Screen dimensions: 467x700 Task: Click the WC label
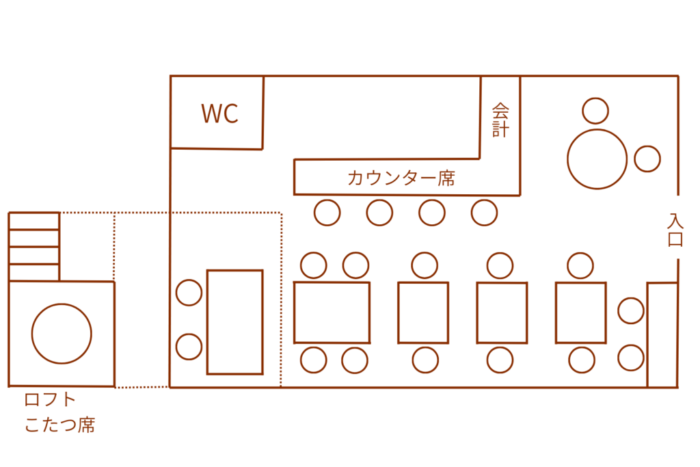point(219,114)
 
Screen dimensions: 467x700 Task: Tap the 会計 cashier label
point(501,120)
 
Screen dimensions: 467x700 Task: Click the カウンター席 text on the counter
point(401,178)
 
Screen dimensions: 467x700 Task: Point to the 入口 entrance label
point(675,230)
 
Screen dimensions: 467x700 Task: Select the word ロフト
point(50,400)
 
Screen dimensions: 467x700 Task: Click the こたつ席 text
point(59,425)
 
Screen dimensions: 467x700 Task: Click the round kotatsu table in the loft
point(62,334)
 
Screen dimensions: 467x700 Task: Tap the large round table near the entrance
point(597,159)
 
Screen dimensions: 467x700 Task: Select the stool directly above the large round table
point(595,111)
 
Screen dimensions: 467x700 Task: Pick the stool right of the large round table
point(647,159)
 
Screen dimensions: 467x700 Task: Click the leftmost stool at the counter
point(327,213)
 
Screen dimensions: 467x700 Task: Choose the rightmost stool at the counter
point(484,213)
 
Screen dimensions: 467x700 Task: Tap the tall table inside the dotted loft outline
point(234,322)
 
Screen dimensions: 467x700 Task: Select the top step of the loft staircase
point(34,221)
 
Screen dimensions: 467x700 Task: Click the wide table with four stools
point(332,312)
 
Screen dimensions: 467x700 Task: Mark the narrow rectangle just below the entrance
point(662,335)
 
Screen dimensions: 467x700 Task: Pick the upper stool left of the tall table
point(189,293)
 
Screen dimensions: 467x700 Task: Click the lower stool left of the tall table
point(189,346)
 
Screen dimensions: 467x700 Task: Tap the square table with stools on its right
point(580,312)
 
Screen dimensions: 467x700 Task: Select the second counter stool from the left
point(379,213)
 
